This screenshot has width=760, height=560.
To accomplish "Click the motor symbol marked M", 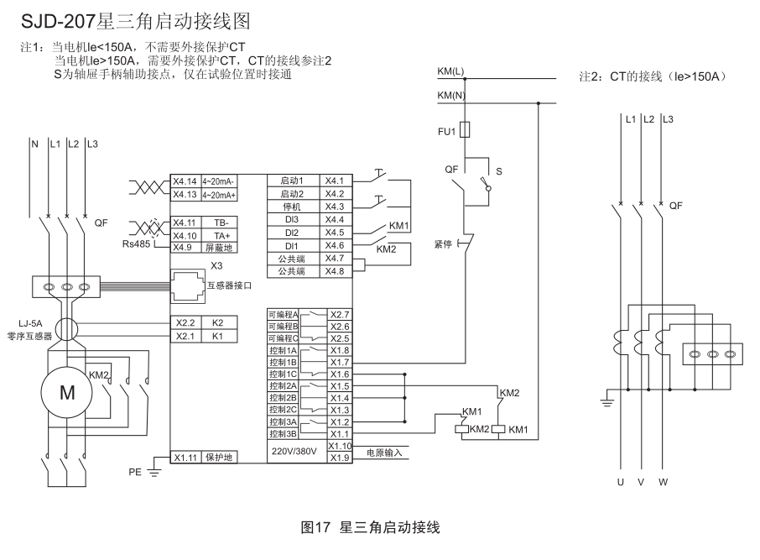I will [65, 391].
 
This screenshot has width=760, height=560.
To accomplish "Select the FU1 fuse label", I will [446, 131].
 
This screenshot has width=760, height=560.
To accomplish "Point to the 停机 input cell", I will [291, 207].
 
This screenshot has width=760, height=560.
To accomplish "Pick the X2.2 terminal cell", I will [185, 322].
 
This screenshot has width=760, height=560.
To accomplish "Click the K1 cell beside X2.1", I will [217, 336].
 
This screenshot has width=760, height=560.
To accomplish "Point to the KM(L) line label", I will [451, 71].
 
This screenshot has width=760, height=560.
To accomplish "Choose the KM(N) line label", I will [451, 95].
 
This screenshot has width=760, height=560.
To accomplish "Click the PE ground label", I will [135, 473].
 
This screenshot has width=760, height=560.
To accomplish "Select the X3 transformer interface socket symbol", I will [189, 283].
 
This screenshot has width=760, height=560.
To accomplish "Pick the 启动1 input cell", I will [291, 181].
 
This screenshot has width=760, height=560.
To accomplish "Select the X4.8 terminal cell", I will [335, 271].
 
